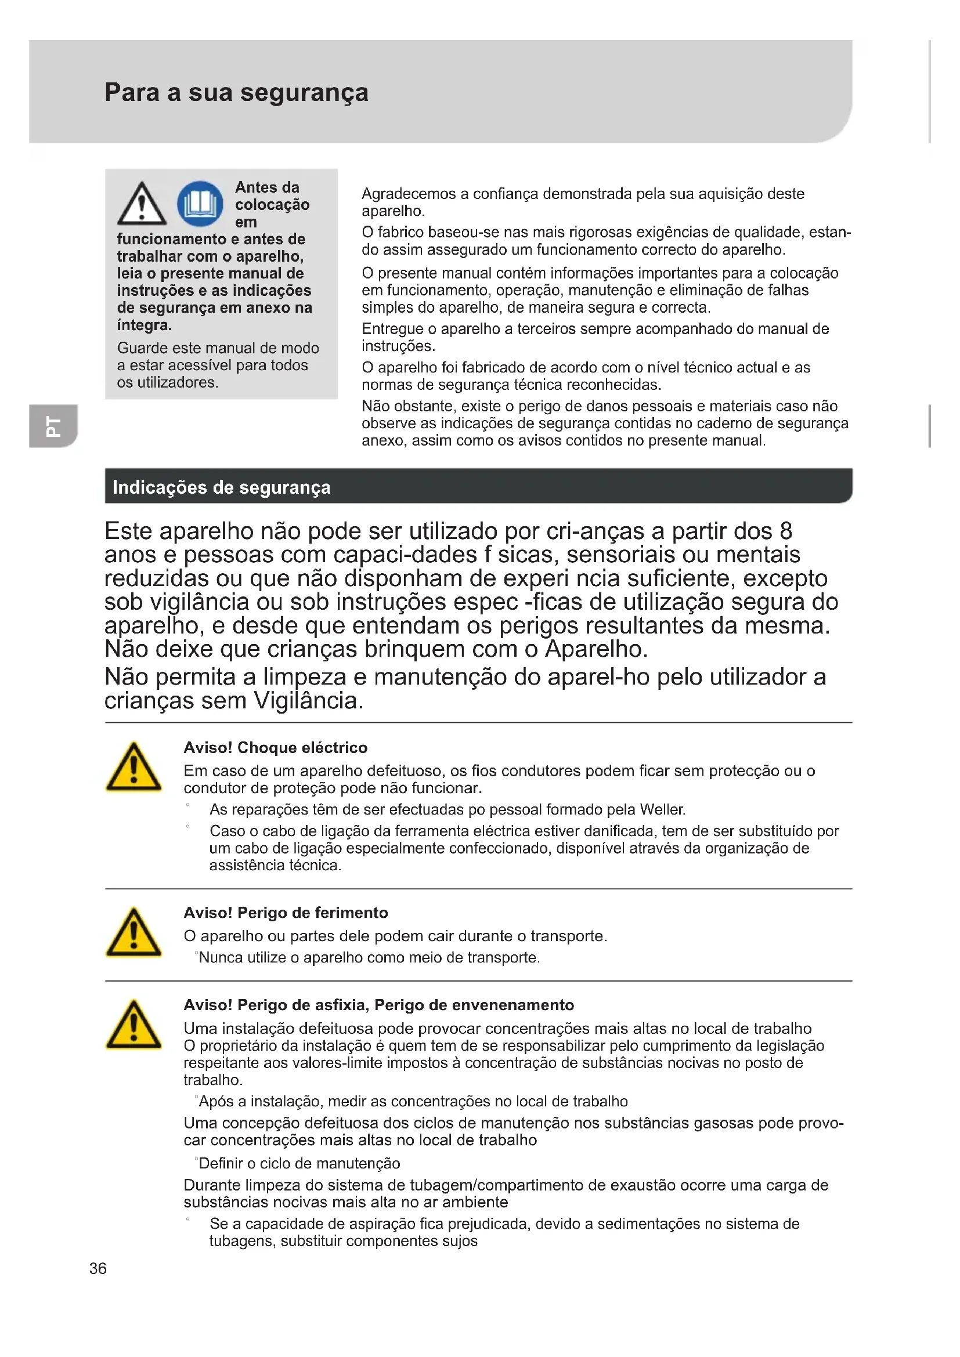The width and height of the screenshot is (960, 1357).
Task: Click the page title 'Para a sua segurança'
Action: coord(236,93)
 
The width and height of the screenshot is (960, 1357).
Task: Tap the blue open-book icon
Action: coord(200,204)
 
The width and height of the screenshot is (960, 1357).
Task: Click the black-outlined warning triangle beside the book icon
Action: coord(141,204)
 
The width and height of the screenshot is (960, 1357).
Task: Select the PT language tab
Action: coord(53,425)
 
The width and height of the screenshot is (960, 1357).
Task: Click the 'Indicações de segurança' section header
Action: coord(221,487)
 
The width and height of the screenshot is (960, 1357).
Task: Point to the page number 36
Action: coord(98,1268)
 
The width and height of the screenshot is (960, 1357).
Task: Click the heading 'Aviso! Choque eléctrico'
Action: coord(276,748)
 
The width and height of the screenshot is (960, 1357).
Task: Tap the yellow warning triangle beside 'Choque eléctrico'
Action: coord(133,768)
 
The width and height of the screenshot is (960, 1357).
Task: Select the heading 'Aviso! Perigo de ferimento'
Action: coord(286,913)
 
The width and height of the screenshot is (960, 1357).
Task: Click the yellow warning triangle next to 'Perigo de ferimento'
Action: coord(133,933)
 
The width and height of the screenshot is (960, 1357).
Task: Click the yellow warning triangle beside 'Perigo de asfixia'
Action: coord(133,1025)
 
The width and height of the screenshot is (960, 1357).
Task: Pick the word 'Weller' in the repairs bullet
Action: coord(662,810)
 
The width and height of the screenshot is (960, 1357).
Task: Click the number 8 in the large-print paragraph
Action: coord(786,531)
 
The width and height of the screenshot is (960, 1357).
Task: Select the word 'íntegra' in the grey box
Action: coord(143,325)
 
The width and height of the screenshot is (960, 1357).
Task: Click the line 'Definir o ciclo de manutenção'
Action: coord(299,1164)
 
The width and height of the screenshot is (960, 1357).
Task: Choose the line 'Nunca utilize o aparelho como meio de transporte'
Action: coord(369,957)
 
